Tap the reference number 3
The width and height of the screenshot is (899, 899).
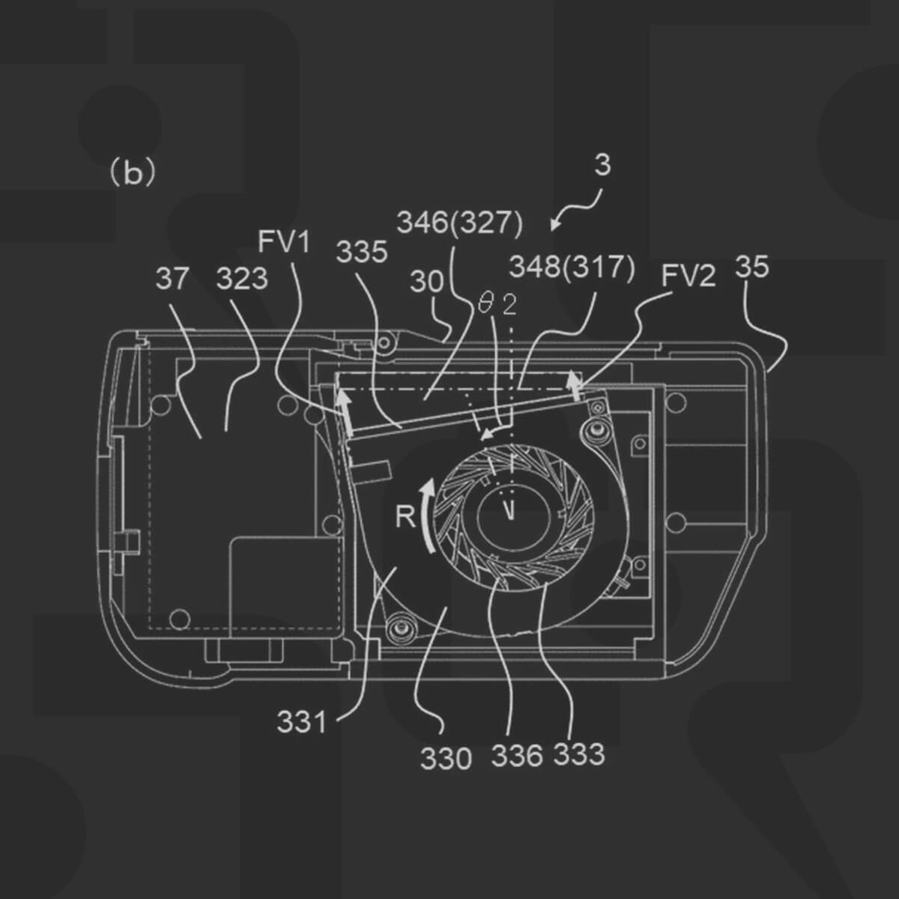point(602,165)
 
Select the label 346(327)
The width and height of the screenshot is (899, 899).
point(459,224)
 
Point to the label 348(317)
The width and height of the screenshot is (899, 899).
point(572,267)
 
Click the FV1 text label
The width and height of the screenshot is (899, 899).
point(284,243)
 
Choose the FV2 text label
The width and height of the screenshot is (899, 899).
point(688,275)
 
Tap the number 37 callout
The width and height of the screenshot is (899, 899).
point(172,279)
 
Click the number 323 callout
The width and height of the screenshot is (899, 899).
point(242,279)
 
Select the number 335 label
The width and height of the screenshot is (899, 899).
point(362,252)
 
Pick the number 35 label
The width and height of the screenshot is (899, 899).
point(751,267)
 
